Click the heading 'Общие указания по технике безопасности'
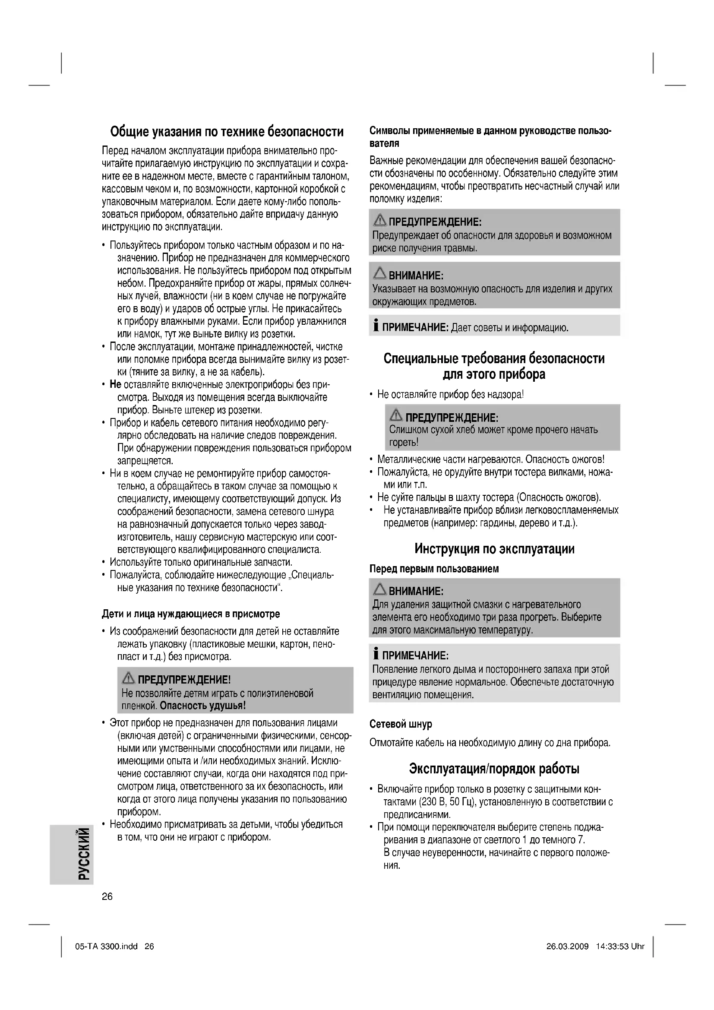pyautogui.click(x=227, y=132)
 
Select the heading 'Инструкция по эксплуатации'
pyautogui.click(x=494, y=548)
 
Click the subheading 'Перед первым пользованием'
pyautogui.click(x=434, y=569)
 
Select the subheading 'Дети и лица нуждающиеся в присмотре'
pyautogui.click(x=191, y=614)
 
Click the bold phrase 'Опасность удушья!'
pyautogui.click(x=203, y=706)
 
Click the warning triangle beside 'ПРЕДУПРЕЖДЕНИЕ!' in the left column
pyautogui.click(x=129, y=678)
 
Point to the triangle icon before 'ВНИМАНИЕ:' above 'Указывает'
pyautogui.click(x=380, y=274)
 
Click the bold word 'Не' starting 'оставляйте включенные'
pyautogui.click(x=115, y=384)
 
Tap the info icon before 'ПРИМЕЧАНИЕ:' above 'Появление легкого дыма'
pyautogui.click(x=376, y=655)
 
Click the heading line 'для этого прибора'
pyautogui.click(x=494, y=374)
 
